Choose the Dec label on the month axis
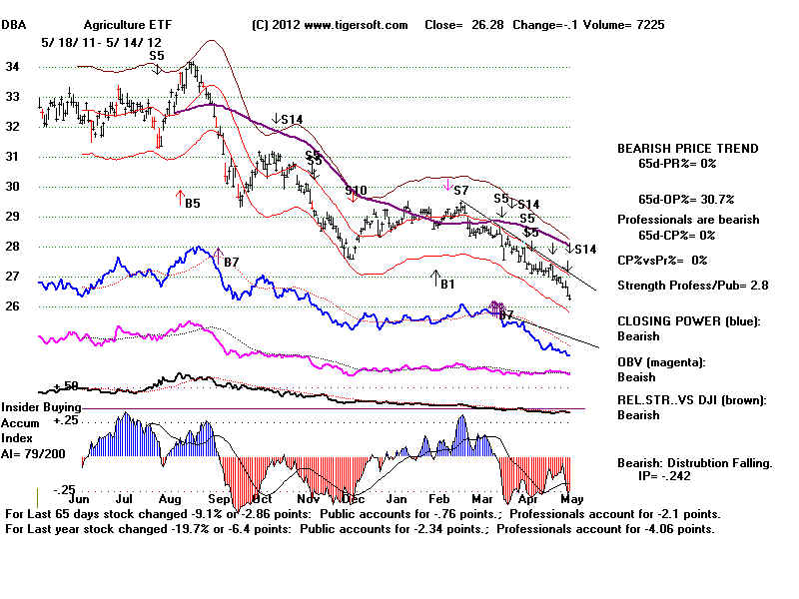click(352, 495)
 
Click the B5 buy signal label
click(193, 203)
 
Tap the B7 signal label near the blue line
click(231, 262)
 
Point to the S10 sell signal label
click(356, 190)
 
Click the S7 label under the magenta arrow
click(460, 190)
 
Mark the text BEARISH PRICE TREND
click(687, 149)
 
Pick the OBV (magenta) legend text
click(663, 361)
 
